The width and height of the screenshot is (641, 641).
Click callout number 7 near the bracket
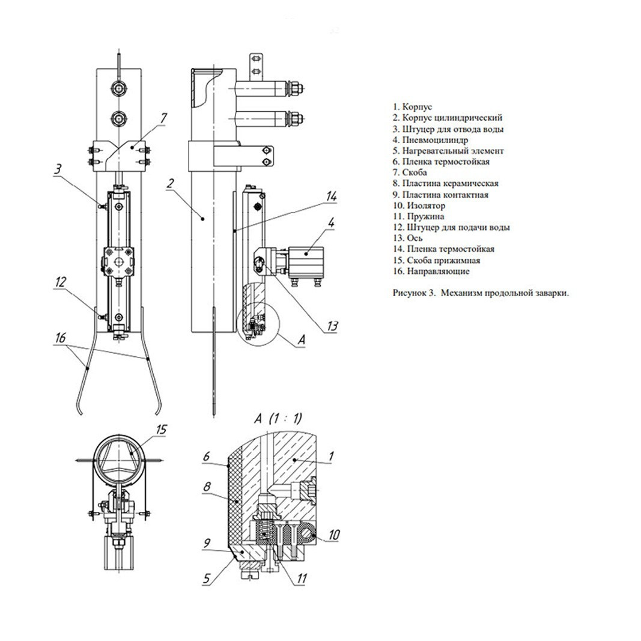click(163, 118)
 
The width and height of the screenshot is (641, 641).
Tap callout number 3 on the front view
click(58, 169)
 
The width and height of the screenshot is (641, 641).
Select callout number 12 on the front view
click(61, 282)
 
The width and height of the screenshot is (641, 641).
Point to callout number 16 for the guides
click(60, 338)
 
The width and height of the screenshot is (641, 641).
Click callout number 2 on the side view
click(171, 183)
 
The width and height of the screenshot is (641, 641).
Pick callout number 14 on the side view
click(331, 196)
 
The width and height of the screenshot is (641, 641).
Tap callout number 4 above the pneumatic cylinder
click(331, 223)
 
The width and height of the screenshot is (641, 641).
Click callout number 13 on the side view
click(332, 326)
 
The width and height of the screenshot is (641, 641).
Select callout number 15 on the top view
click(162, 430)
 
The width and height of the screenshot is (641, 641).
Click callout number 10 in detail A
click(334, 535)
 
